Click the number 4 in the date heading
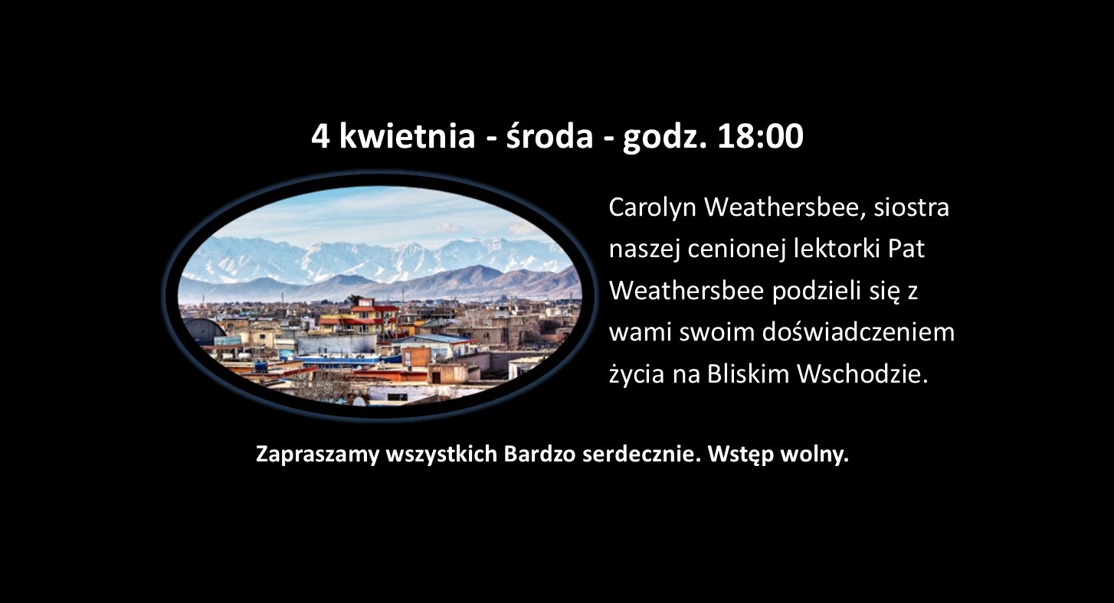tap(320, 136)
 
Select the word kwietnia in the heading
tap(408, 135)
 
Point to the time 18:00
tap(760, 136)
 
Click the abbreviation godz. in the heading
tap(664, 137)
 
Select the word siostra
tap(911, 207)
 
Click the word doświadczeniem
tap(858, 332)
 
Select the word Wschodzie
tap(863, 374)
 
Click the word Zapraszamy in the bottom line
tap(318, 455)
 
